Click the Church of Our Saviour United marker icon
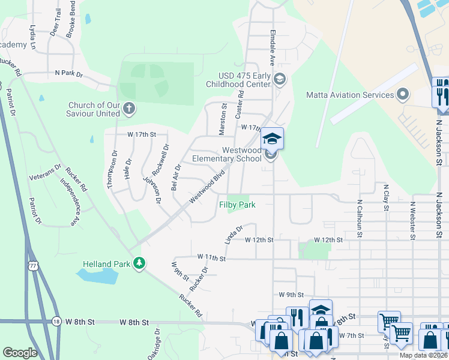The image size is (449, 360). pos(129,109)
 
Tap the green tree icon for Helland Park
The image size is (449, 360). pos(139,263)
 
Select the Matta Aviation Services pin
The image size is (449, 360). pos(402,94)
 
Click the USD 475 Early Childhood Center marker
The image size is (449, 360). pos(279,79)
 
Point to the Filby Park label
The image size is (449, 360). pos(237,205)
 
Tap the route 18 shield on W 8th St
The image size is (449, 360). pos(56,322)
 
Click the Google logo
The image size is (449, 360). pos(20,353)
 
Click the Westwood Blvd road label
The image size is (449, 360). pos(206,187)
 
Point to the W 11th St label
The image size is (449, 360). pos(211,258)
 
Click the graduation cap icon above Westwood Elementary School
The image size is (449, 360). pos(272,139)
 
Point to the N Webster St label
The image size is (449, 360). pos(412,219)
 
